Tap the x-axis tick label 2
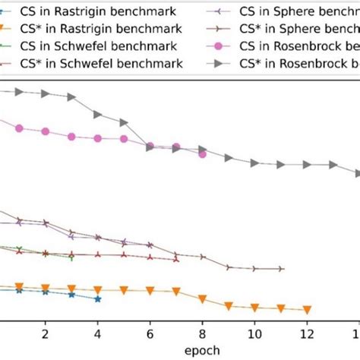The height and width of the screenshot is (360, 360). tap(46, 333)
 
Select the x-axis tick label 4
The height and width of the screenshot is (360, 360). tap(98, 333)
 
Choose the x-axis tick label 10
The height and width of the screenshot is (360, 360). tap(254, 333)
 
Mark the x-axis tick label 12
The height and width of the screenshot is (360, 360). tap(307, 333)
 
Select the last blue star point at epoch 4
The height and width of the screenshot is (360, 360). tap(98, 298)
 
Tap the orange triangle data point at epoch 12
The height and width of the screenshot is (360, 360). tap(307, 310)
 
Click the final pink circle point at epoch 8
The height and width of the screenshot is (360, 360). tap(202, 154)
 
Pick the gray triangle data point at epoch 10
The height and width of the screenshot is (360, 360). tap(254, 163)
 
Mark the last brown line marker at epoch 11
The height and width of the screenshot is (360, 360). tap(281, 269)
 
